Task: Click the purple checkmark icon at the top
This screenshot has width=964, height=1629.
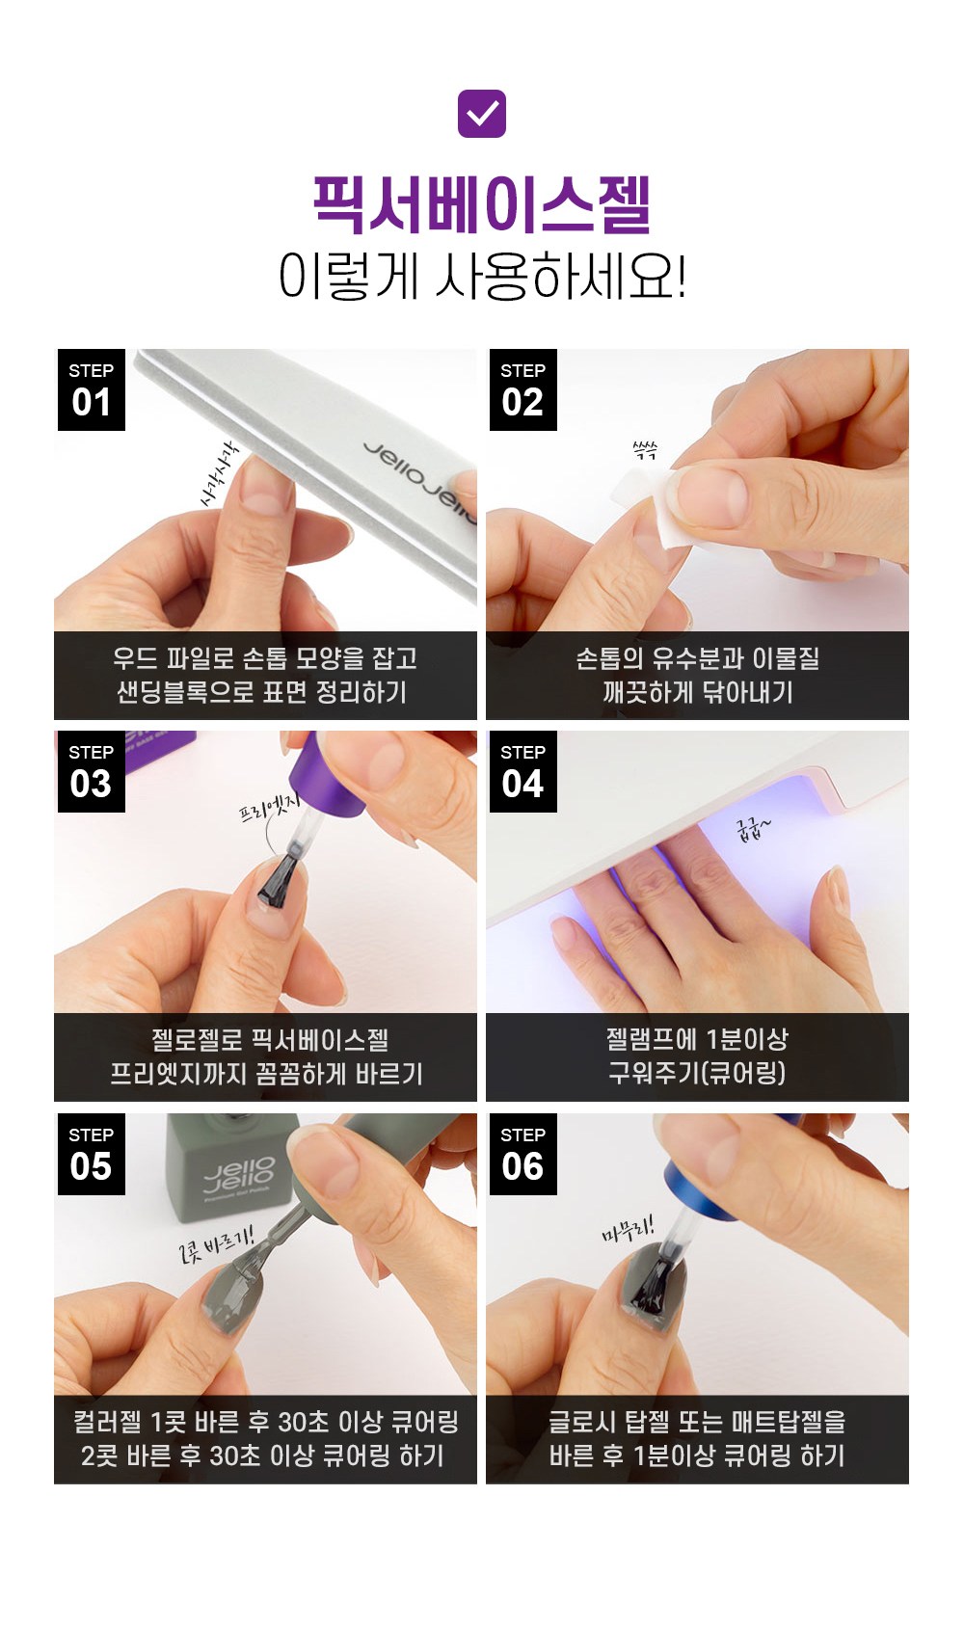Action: (482, 114)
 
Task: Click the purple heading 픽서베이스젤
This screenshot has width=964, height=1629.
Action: (482, 205)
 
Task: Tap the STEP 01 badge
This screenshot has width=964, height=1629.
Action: (91, 389)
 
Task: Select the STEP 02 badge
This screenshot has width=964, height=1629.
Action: (523, 389)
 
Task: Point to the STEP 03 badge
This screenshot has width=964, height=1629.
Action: (91, 771)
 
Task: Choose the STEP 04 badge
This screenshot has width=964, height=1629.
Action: (523, 771)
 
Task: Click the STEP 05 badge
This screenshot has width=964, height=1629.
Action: (91, 1154)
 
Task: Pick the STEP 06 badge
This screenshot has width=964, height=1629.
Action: (523, 1154)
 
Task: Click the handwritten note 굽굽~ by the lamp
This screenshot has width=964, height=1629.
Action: (753, 829)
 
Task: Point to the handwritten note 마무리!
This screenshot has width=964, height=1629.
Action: (628, 1228)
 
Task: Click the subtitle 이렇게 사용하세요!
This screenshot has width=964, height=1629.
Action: (482, 277)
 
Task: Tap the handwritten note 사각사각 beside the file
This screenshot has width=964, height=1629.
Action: (219, 474)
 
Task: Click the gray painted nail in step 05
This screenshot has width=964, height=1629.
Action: (226, 1306)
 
